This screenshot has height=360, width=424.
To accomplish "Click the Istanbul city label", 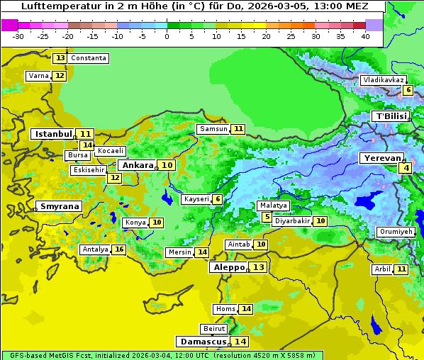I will point(53,134).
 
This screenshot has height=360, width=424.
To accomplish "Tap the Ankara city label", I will point(137,165).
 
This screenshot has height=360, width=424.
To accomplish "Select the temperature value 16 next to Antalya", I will point(119,249).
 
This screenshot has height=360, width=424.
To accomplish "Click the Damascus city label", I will point(203,342).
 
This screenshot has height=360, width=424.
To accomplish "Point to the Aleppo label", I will point(228,267).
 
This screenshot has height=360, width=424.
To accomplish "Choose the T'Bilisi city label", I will point(391,116).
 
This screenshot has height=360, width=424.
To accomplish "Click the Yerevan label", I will point(383,158).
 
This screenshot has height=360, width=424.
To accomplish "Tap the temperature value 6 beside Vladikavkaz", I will point(408,90).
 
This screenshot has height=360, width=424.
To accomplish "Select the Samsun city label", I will point(213,129).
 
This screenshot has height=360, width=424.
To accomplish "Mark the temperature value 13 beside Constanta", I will point(60,58).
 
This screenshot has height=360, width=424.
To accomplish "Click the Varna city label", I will point(38,76).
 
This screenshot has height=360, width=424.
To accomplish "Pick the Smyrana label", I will point(60,207).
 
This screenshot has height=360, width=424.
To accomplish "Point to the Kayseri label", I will point(196,199).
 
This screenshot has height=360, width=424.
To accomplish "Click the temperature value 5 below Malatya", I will point(267,217).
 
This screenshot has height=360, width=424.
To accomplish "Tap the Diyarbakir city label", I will point(291,221).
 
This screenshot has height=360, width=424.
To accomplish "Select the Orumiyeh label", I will point(395,232).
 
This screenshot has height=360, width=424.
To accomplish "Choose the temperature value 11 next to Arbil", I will point(401,269).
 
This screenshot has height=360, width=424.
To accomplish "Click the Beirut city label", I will point(214,329).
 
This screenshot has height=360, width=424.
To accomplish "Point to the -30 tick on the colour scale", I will point(18,35).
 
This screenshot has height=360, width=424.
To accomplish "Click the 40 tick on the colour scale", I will point(365,35).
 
